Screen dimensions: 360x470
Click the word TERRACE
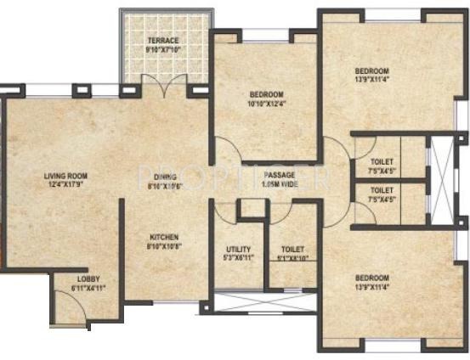pos(163,41)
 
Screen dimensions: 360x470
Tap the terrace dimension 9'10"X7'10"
pos(163,49)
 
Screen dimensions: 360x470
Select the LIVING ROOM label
pos(66,177)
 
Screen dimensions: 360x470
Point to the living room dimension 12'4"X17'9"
pos(66,185)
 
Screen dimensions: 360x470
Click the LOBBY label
pos(88,278)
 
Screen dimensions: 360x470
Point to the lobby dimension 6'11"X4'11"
pos(88,287)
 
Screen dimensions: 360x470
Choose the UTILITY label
pos(238,250)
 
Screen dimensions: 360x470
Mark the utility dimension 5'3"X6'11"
pos(238,258)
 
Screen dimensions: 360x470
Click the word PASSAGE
pos(278,175)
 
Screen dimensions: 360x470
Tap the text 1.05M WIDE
pos(278,183)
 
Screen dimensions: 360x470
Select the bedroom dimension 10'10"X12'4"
pos(266,104)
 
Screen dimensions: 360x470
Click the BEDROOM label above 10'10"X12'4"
pos(266,94)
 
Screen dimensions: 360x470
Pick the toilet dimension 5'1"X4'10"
pos(292,258)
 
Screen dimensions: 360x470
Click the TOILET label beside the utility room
pos(292,250)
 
